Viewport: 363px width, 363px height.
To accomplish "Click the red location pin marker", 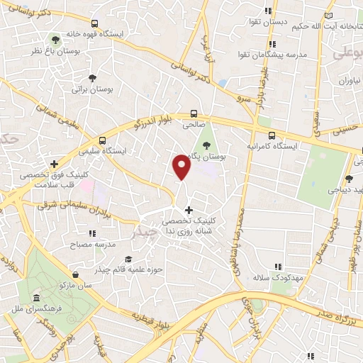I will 182,167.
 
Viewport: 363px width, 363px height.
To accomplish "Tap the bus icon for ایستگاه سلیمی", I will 104,140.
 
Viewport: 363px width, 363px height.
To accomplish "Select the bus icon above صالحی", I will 194,113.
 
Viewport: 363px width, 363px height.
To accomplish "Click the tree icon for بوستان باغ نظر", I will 55,40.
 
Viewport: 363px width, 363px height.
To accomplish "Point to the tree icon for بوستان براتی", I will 92,78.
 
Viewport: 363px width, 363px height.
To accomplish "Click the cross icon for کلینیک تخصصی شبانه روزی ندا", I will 188,209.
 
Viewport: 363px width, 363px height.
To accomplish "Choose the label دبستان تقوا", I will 268,22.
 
